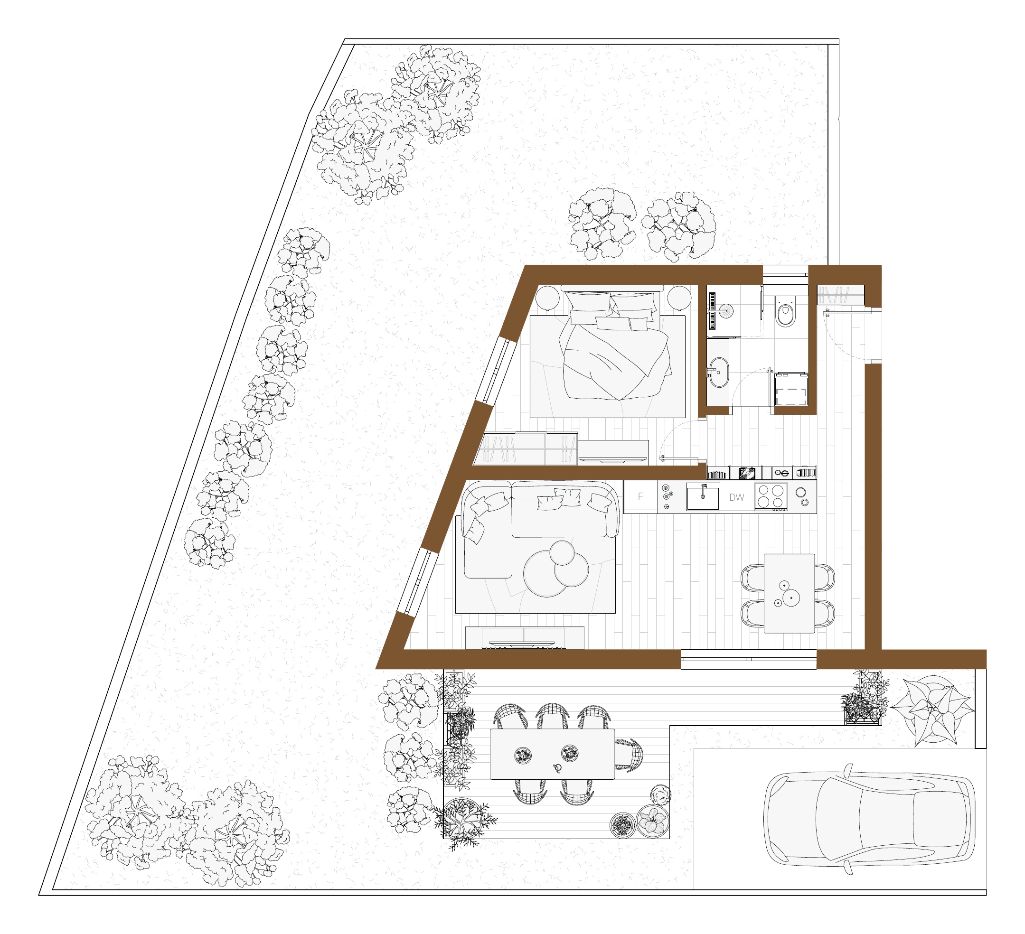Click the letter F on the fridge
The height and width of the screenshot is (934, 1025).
[640, 496]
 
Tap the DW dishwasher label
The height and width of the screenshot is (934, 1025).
[737, 497]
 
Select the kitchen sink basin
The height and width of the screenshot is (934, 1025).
[703, 497]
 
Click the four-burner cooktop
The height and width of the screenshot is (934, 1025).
[771, 496]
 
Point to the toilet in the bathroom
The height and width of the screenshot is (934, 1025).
[786, 310]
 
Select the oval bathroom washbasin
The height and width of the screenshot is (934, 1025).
[718, 372]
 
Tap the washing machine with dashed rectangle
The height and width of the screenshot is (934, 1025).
[790, 389]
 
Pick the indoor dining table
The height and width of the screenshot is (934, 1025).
[789, 593]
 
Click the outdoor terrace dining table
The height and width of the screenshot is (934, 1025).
[552, 754]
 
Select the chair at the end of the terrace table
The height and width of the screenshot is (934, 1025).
[629, 755]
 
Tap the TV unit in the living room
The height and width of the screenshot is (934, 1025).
[525, 638]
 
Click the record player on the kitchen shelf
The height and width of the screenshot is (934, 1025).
[747, 473]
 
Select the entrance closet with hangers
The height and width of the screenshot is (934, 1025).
[840, 295]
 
